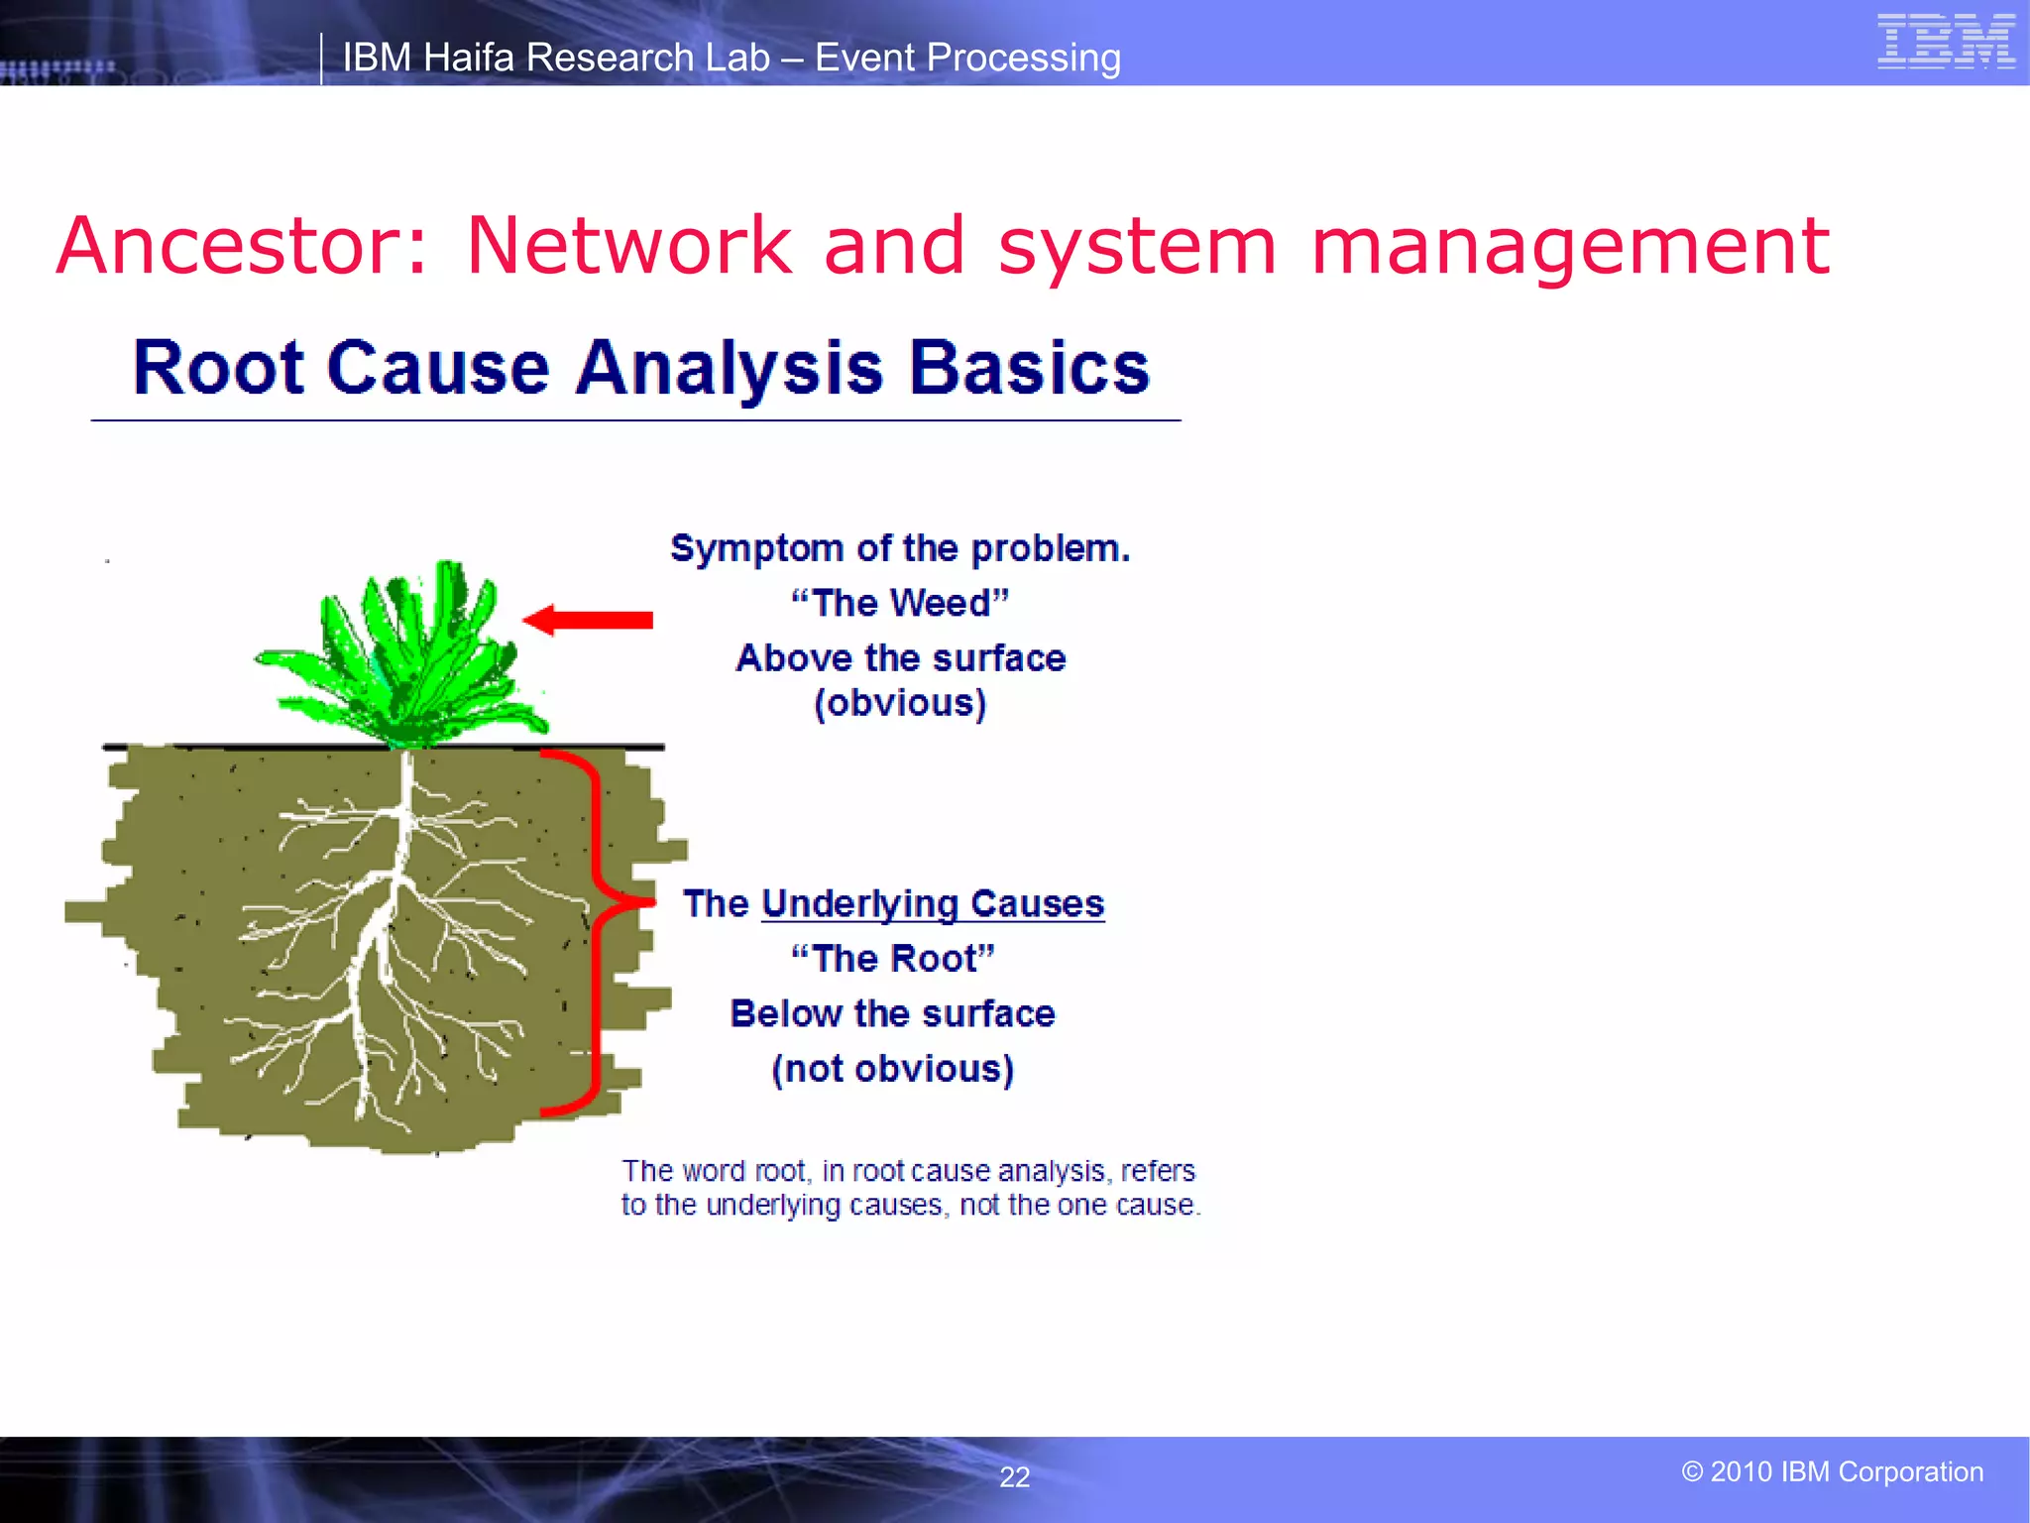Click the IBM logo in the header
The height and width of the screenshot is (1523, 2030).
point(1946,42)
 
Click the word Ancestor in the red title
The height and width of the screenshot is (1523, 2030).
point(242,246)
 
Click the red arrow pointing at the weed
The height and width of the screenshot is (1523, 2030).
point(589,621)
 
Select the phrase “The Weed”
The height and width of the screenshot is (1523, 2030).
point(900,603)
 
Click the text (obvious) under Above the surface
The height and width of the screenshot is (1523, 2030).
point(900,703)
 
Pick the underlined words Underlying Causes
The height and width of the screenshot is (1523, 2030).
point(932,903)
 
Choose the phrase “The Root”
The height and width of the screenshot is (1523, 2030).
point(893,959)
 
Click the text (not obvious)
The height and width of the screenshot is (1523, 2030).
point(893,1069)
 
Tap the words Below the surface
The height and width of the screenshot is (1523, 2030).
point(893,1013)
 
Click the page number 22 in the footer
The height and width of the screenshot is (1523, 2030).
point(1014,1477)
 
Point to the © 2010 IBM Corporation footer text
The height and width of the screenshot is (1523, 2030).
point(1832,1471)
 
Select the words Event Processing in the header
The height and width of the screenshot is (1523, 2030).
point(967,58)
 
